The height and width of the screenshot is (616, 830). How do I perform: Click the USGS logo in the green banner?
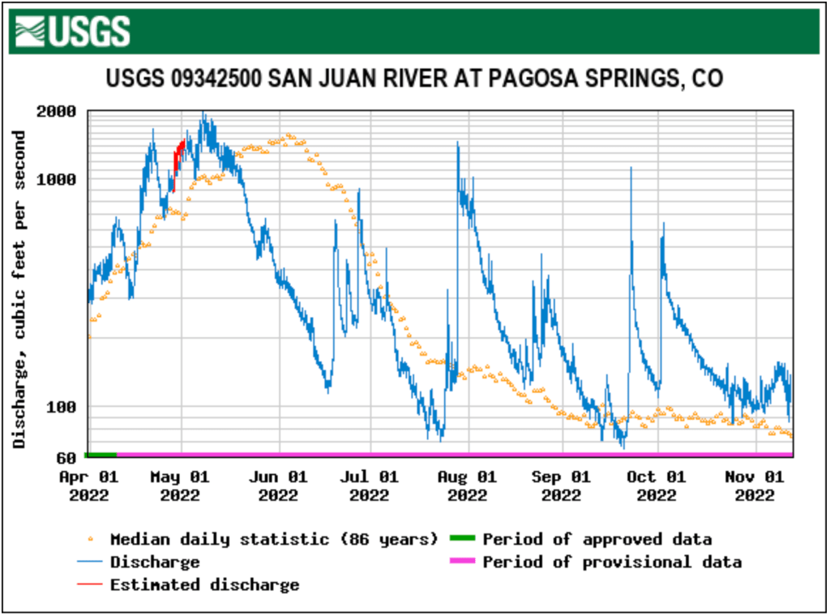tap(71, 32)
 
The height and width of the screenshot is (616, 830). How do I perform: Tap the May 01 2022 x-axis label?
tap(180, 486)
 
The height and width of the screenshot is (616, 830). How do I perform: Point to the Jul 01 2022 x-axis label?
tap(370, 486)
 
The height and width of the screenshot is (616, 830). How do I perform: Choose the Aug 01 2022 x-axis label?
tap(467, 486)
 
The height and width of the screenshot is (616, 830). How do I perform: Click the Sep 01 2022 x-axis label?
tap(562, 486)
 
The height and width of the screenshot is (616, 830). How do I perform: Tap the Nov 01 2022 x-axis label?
tap(753, 486)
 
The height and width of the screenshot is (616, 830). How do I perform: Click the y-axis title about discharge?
tap(19, 288)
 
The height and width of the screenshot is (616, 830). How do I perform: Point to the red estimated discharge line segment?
tap(178, 162)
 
